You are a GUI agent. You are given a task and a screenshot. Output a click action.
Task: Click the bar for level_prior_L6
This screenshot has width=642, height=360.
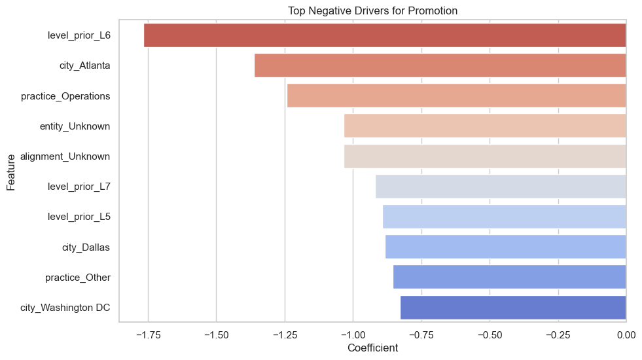click(x=385, y=35)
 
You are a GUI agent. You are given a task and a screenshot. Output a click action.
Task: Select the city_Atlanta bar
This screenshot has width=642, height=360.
click(x=440, y=65)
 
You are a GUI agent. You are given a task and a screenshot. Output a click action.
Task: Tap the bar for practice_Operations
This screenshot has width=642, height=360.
click(x=456, y=96)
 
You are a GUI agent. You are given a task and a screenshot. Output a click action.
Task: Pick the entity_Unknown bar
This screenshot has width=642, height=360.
click(x=485, y=126)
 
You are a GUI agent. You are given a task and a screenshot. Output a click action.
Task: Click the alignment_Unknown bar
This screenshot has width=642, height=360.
click(x=485, y=156)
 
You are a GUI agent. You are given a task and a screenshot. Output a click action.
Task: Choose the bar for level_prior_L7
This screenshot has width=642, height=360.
click(x=501, y=187)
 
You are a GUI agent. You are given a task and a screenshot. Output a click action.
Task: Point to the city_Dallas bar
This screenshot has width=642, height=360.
click(x=505, y=247)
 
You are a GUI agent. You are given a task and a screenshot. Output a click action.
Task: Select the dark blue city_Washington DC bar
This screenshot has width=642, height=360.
click(x=513, y=308)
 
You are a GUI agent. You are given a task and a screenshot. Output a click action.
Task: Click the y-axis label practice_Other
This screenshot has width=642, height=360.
click(x=77, y=278)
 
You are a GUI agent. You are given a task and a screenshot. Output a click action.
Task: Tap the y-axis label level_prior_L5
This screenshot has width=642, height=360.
click(x=79, y=217)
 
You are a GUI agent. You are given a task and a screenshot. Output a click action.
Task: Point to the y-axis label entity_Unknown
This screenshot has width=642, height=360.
click(x=75, y=126)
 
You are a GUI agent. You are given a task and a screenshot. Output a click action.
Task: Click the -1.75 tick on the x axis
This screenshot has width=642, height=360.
click(x=148, y=334)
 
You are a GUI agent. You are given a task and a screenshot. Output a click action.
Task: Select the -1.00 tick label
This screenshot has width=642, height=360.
click(x=353, y=334)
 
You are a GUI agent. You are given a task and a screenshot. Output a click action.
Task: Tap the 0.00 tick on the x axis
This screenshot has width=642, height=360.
click(x=626, y=334)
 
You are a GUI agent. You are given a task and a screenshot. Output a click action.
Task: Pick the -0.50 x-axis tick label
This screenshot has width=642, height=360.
click(x=490, y=334)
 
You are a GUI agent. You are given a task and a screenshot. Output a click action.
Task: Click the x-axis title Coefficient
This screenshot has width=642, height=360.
click(x=372, y=348)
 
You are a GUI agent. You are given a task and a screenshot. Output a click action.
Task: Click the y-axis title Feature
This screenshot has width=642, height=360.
click(x=11, y=171)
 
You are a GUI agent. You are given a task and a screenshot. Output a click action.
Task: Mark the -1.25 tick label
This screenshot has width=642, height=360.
click(x=285, y=334)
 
